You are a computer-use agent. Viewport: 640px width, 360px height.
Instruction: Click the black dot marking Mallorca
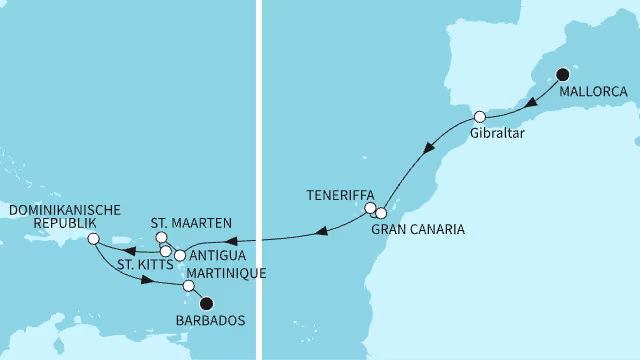click(562, 73)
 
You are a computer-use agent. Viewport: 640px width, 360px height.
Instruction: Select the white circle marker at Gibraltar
click(480, 116)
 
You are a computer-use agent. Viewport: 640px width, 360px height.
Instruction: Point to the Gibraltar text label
click(496, 134)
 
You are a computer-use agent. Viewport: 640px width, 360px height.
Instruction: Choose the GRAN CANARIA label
click(417, 230)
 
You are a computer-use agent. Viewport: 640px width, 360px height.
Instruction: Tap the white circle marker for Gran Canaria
click(381, 213)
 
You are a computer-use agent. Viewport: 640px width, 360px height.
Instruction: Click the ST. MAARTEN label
click(191, 222)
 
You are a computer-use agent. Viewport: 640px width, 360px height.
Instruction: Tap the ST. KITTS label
click(142, 265)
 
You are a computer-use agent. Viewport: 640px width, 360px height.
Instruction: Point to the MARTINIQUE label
click(214, 273)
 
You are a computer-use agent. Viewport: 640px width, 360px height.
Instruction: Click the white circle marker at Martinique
click(188, 286)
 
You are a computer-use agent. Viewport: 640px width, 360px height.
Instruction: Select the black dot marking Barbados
click(206, 304)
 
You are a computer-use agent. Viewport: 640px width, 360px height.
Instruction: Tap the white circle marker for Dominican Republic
click(92, 239)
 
